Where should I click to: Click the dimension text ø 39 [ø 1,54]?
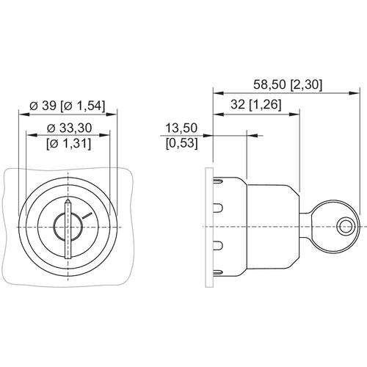[x=68, y=106]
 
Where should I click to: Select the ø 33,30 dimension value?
[x=70, y=128]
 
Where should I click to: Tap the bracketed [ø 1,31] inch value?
[x=69, y=143]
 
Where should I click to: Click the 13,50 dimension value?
[x=181, y=128]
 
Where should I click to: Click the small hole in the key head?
[x=345, y=227]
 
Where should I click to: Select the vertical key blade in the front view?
[x=68, y=229]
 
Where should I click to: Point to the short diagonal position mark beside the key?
[x=87, y=216]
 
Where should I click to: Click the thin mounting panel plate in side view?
[x=209, y=228]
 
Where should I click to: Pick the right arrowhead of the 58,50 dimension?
[x=355, y=93]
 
